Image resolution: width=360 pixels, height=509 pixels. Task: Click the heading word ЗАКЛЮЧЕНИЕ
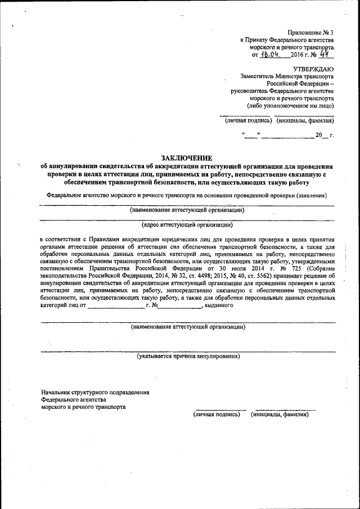(x=187, y=158)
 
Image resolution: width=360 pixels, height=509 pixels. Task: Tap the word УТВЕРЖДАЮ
(x=313, y=67)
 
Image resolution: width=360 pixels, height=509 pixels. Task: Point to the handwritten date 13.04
(x=271, y=55)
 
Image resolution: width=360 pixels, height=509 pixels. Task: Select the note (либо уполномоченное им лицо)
(x=290, y=105)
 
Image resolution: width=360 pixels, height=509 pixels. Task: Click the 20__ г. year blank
(x=324, y=136)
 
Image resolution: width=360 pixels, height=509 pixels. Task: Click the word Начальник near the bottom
(x=58, y=392)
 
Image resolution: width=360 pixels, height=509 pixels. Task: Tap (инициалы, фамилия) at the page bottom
(x=280, y=414)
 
